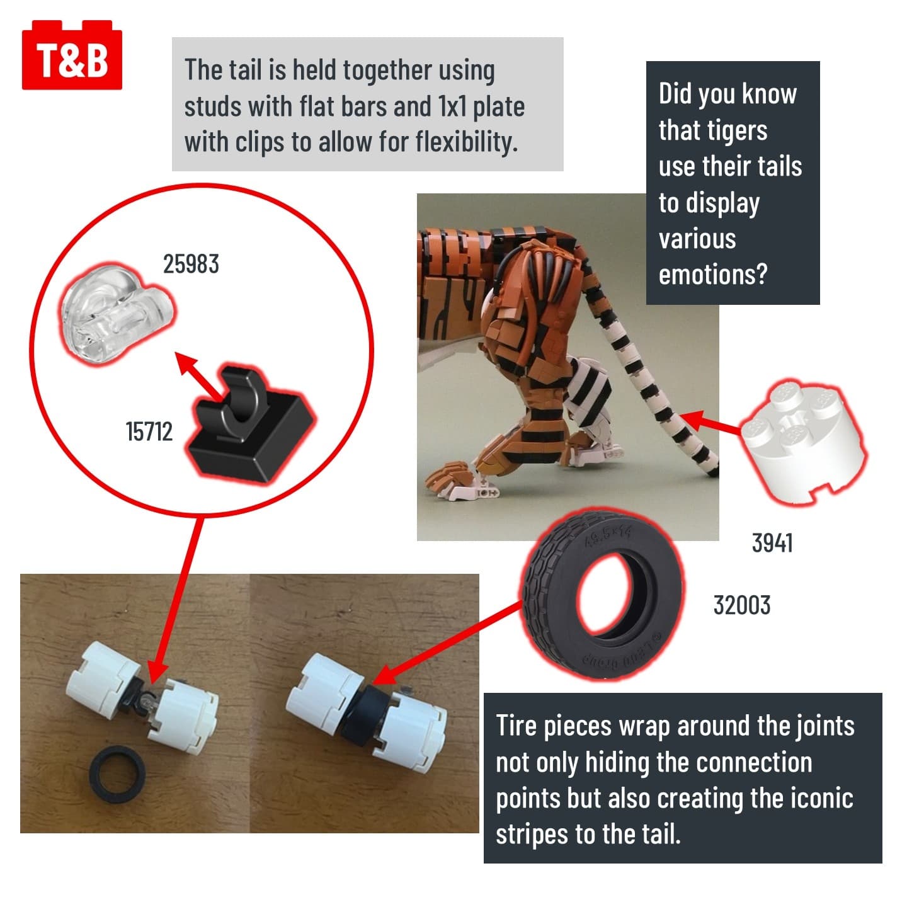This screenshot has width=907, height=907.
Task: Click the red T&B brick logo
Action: point(72,55)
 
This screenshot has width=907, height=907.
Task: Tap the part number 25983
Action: point(191,264)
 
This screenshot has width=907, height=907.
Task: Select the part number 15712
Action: point(149,431)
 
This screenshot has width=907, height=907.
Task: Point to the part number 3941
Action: point(772,543)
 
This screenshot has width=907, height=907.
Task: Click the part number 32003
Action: point(742,605)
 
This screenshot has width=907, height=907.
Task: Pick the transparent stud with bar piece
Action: point(117,314)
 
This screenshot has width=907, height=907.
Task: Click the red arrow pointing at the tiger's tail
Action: point(710,422)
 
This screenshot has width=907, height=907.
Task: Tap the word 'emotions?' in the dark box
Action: point(712,275)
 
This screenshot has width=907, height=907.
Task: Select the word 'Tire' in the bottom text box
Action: point(516,726)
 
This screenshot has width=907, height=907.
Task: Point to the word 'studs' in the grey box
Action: point(212,106)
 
